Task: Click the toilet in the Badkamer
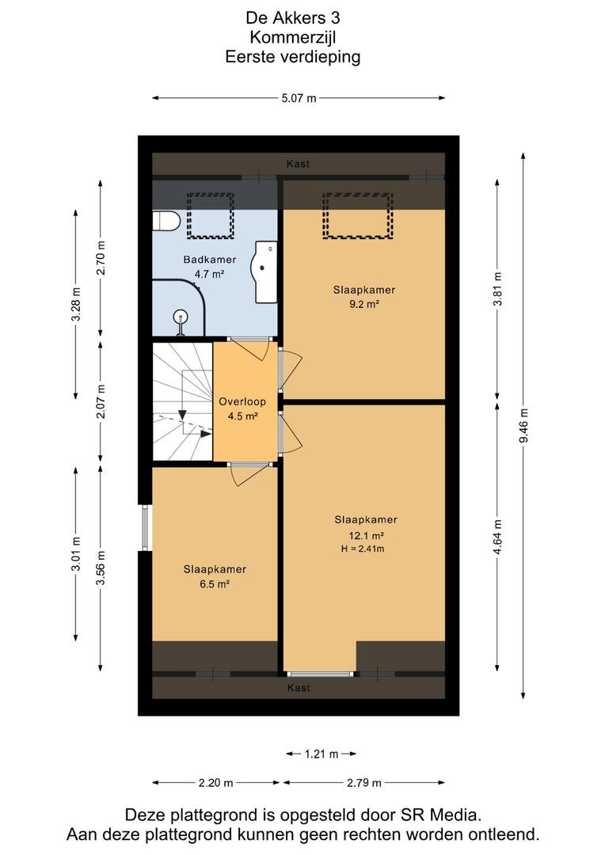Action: pyautogui.click(x=166, y=222)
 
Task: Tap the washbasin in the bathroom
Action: pyautogui.click(x=264, y=272)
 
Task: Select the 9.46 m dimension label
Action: pyautogui.click(x=523, y=425)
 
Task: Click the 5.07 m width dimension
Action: pyautogui.click(x=299, y=98)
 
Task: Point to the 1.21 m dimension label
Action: pyautogui.click(x=322, y=754)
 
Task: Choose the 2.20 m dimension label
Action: pyautogui.click(x=215, y=783)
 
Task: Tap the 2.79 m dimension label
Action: pyautogui.click(x=364, y=783)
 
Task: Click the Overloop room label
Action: pyautogui.click(x=242, y=402)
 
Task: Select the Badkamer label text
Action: pyautogui.click(x=210, y=260)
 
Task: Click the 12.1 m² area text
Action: pyautogui.click(x=366, y=535)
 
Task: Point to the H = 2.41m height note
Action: pyautogui.click(x=363, y=549)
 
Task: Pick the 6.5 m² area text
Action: pyautogui.click(x=215, y=584)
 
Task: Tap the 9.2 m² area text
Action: pyautogui.click(x=364, y=304)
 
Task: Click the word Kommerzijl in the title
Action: pyautogui.click(x=293, y=37)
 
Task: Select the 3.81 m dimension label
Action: pyautogui.click(x=497, y=289)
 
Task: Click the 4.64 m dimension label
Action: pyautogui.click(x=497, y=537)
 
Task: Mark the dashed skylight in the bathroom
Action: pyautogui.click(x=211, y=215)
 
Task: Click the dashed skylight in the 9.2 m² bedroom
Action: pyautogui.click(x=358, y=215)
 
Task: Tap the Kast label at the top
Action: pyautogui.click(x=298, y=164)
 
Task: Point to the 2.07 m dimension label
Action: pyautogui.click(x=101, y=401)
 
